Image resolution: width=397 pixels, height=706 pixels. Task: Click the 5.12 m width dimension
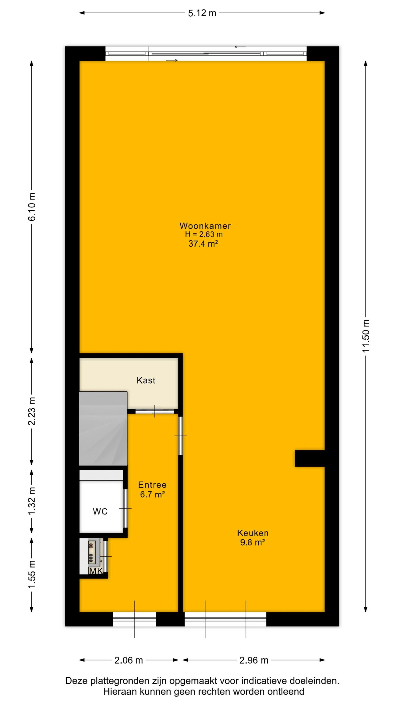point(202,13)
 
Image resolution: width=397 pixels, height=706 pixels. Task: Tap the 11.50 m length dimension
point(366,336)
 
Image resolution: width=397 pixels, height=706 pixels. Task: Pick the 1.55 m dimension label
point(32,574)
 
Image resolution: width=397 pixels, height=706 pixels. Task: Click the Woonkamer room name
point(205,226)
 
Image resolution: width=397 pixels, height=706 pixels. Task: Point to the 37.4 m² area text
point(203,244)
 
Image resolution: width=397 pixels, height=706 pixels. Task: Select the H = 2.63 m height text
point(204,234)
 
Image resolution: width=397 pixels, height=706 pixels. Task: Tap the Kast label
point(146,380)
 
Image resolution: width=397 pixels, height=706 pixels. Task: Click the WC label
point(100,512)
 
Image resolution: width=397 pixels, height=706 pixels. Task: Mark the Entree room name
point(152,485)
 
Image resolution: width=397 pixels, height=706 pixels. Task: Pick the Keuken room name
point(253,533)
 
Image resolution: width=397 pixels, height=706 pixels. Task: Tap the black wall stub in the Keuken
point(310,459)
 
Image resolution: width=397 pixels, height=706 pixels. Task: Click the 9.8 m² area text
point(252,542)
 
